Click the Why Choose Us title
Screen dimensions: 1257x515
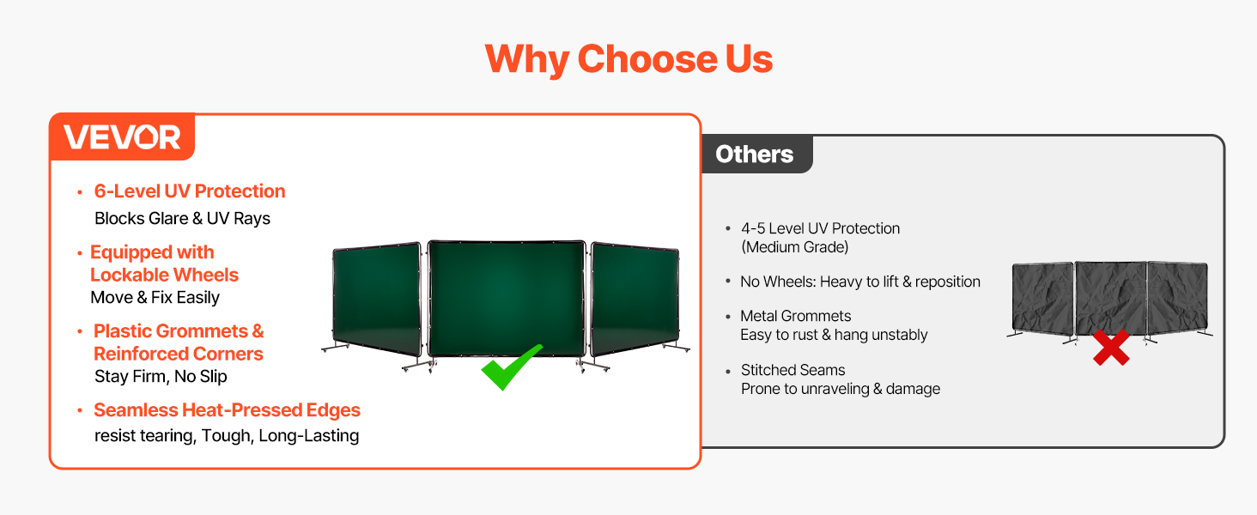pyautogui.click(x=628, y=59)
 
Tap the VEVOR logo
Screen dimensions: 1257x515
pyautogui.click(x=122, y=137)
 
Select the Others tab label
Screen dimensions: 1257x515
pyautogui.click(x=754, y=154)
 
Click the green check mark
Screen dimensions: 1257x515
pyautogui.click(x=511, y=367)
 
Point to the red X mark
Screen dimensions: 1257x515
pyautogui.click(x=1111, y=348)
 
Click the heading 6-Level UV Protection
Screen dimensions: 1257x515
pyautogui.click(x=190, y=191)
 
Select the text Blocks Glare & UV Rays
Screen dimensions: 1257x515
pyautogui.click(x=182, y=218)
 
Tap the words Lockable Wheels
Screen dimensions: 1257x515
pyautogui.click(x=164, y=275)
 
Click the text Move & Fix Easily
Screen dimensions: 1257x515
pyautogui.click(x=155, y=297)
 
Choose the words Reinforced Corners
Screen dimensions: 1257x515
pyautogui.click(x=179, y=354)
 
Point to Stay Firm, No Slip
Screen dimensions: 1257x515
pyautogui.click(x=161, y=377)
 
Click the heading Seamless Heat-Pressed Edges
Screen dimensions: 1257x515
pyautogui.click(x=227, y=410)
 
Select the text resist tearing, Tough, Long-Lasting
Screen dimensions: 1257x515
pyautogui.click(x=227, y=435)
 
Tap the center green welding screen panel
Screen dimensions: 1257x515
pyautogui.click(x=507, y=298)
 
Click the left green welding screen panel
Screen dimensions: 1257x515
pyautogui.click(x=377, y=299)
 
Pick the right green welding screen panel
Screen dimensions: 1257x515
pyautogui.click(x=635, y=299)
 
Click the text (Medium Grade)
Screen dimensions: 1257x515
pyautogui.click(x=794, y=247)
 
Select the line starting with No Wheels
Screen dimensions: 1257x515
pyautogui.click(x=860, y=282)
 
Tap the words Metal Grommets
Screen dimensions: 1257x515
pyautogui.click(x=796, y=316)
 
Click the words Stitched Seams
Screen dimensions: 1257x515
pyautogui.click(x=792, y=370)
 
